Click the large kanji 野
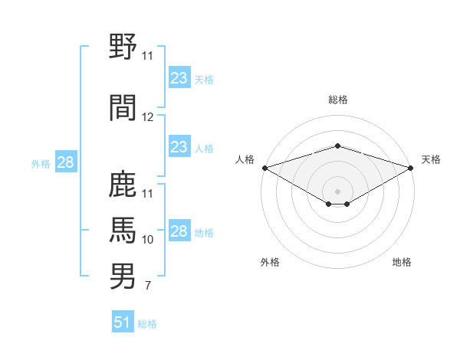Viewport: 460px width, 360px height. coord(123,46)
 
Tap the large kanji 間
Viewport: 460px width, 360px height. coord(123,107)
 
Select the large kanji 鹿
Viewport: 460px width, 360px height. coord(123,184)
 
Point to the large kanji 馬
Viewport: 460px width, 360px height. coord(123,230)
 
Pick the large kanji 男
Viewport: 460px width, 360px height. coord(123,276)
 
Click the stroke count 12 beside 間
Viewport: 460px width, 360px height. coord(147,117)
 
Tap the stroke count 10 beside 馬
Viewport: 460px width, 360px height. coord(147,240)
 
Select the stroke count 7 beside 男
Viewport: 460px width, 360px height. coord(148,286)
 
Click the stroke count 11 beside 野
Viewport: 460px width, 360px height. coord(147,56)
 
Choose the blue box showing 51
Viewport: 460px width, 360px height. coord(123,321)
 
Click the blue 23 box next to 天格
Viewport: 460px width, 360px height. coord(179,77)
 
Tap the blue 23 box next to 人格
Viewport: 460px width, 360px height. coord(179,146)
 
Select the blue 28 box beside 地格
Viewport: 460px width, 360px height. coord(179,230)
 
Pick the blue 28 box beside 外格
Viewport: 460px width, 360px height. coord(66,162)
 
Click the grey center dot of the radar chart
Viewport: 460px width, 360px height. coord(337,191)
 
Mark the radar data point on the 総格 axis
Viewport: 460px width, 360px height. coord(337,146)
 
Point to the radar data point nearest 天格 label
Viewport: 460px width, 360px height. coord(411,168)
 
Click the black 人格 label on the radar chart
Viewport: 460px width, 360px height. coord(245,159)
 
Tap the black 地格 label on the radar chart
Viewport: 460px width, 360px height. coord(402,262)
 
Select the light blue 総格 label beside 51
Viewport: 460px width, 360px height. coord(147,324)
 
